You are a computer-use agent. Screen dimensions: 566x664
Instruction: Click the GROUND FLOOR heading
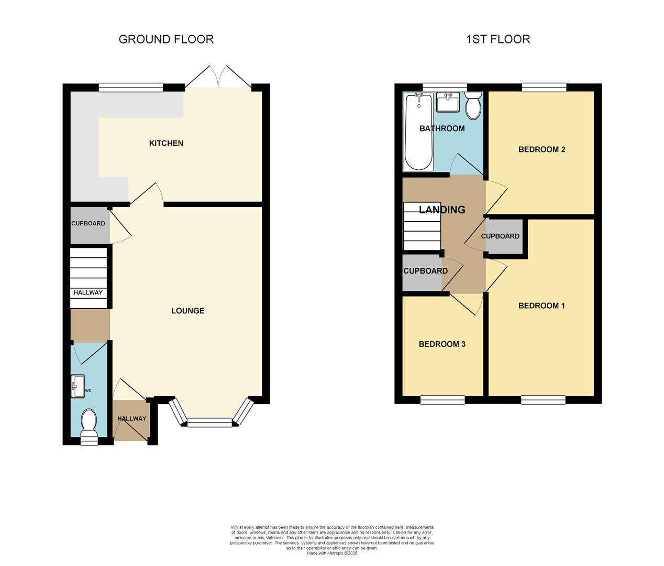166,39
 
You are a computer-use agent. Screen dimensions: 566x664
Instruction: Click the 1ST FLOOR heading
498,39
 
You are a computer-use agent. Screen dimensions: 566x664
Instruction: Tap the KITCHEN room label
166,143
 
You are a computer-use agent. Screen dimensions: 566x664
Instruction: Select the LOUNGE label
187,311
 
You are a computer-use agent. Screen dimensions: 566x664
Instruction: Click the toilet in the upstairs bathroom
473,106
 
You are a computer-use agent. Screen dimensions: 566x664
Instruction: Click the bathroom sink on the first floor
448,103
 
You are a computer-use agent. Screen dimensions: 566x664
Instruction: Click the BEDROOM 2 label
541,149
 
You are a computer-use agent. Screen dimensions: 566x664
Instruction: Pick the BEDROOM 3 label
442,344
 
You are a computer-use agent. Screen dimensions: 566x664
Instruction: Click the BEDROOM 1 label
541,306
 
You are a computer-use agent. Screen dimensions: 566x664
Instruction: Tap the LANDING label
442,210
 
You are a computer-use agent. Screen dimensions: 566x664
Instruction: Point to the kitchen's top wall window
131,87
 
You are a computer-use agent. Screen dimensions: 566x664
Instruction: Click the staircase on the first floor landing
422,226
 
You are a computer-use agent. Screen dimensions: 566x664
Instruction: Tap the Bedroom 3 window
442,400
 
